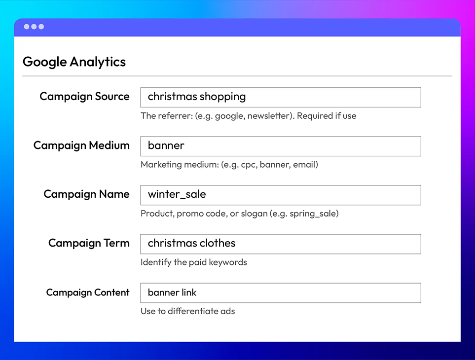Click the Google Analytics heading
(x=74, y=62)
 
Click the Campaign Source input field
(x=281, y=97)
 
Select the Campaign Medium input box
(x=281, y=146)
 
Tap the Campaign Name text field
(x=281, y=195)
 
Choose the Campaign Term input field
(x=281, y=244)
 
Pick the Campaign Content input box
(x=281, y=293)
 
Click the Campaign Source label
(x=84, y=97)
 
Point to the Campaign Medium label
(x=81, y=145)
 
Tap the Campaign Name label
(x=87, y=194)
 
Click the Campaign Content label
(x=88, y=292)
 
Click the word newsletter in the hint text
(x=271, y=116)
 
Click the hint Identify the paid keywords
(x=194, y=262)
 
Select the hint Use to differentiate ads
(x=188, y=311)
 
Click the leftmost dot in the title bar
(x=27, y=27)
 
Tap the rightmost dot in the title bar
(x=41, y=27)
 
